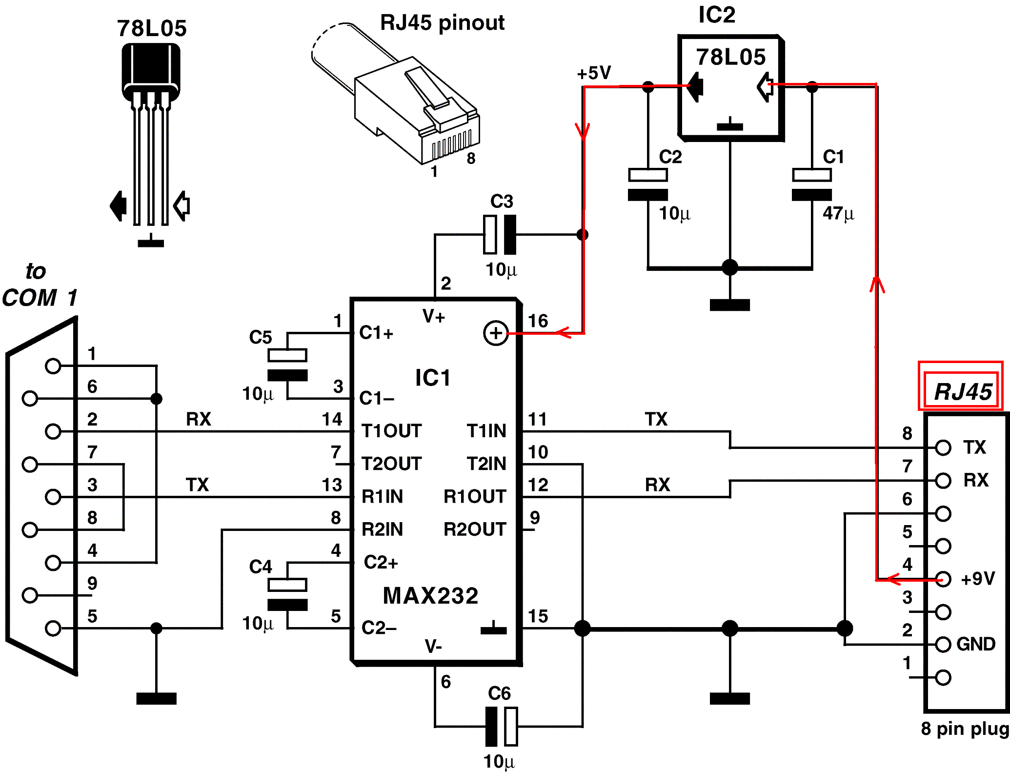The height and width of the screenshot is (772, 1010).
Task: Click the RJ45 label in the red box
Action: [x=962, y=391]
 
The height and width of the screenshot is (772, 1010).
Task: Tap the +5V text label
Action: [x=593, y=73]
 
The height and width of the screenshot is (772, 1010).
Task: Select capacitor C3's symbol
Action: [x=500, y=235]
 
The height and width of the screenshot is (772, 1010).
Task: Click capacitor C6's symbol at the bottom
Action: [x=502, y=727]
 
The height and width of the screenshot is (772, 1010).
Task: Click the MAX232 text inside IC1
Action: [x=430, y=596]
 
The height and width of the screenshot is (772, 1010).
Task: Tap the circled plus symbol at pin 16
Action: [x=496, y=333]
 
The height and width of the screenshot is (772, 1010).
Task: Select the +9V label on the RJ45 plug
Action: [x=977, y=579]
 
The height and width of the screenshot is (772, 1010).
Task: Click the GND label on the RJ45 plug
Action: [x=975, y=644]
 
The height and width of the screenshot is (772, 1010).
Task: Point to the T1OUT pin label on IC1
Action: [x=391, y=431]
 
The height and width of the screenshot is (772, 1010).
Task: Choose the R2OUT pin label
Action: [x=474, y=529]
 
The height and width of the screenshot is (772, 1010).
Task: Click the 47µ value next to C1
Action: [x=838, y=213]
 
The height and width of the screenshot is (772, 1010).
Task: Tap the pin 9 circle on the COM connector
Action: [x=30, y=595]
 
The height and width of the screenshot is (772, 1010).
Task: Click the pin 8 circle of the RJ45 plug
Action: [x=943, y=447]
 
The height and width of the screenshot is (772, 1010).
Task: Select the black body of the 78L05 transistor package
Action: [x=151, y=68]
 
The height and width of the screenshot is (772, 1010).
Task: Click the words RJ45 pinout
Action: [x=442, y=22]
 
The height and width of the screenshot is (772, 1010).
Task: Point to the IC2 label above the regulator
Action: [x=716, y=15]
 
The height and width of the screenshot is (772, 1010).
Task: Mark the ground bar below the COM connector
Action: [x=156, y=698]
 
